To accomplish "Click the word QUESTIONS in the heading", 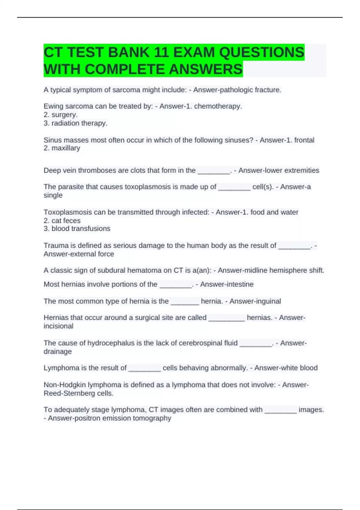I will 262,52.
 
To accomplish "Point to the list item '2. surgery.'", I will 61,115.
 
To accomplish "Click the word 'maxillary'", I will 66,148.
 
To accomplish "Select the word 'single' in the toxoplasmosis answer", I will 53,195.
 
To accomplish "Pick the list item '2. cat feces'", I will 62,220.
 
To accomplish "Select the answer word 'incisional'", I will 58,326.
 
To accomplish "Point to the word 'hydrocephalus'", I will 111,343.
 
